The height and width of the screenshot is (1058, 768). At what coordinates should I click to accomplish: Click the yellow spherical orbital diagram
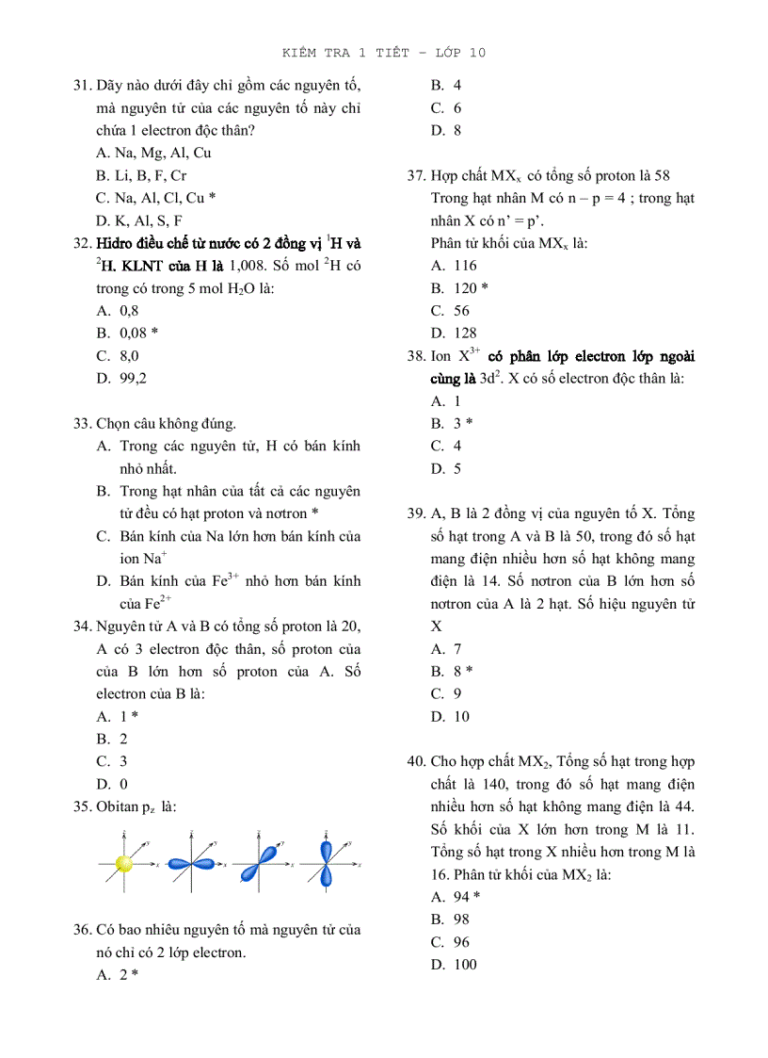click(123, 863)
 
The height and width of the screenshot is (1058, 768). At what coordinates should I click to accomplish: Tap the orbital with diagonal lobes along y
click(256, 863)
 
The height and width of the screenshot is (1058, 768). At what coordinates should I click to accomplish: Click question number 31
click(82, 85)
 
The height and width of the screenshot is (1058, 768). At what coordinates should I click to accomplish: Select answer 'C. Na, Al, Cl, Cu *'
click(156, 198)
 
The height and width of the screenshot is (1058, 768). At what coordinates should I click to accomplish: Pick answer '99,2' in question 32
click(133, 379)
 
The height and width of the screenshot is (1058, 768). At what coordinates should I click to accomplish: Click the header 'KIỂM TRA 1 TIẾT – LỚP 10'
click(384, 53)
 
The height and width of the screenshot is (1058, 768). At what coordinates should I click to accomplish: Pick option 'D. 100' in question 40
click(455, 965)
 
